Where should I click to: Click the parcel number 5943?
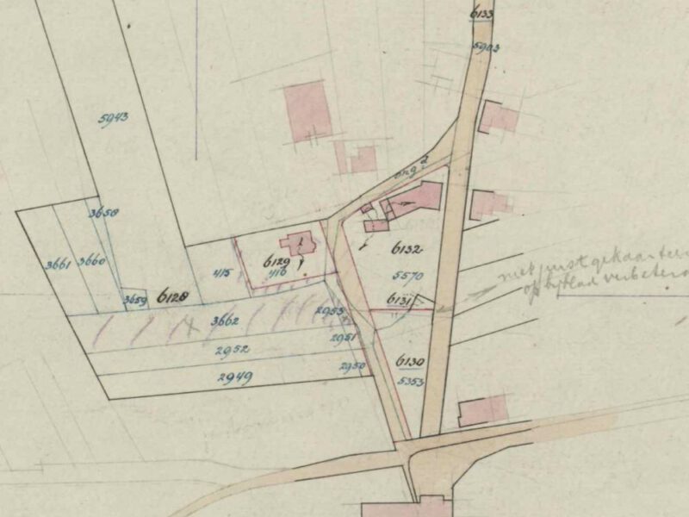[x=114, y=120]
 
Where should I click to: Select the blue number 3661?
[x=58, y=265]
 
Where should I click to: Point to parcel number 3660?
[x=90, y=260]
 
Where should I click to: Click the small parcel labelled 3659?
[x=133, y=300]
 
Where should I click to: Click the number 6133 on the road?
[x=483, y=14]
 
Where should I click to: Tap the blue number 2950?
[x=351, y=368]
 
